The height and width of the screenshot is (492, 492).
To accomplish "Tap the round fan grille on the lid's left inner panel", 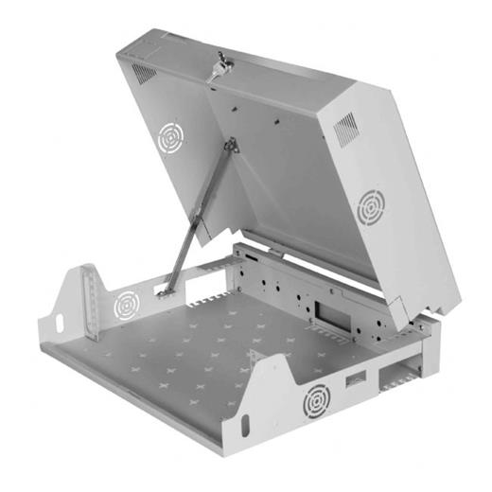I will (x=170, y=138).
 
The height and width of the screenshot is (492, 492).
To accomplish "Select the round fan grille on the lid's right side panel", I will (x=369, y=205).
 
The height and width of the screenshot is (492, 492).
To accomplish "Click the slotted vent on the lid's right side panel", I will (x=346, y=129).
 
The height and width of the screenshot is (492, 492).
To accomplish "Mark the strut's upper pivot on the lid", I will (x=230, y=146).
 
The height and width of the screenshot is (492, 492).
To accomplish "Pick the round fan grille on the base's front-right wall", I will (x=315, y=402).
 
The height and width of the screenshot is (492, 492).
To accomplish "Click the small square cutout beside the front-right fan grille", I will (x=356, y=381).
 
